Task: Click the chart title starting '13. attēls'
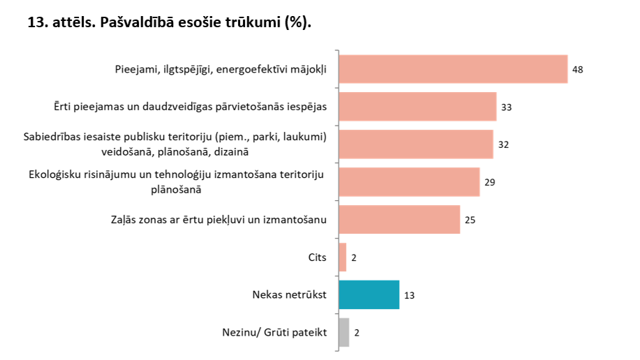(x=168, y=22)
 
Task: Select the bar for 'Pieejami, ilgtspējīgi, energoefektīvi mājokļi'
(x=452, y=69)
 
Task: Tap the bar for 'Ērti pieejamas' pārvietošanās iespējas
(x=417, y=107)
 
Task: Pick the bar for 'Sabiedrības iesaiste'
(x=415, y=144)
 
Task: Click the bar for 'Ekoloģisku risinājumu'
(x=409, y=182)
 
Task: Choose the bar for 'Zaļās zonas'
(x=399, y=220)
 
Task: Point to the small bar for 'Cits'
(x=343, y=257)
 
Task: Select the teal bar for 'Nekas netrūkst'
(x=369, y=294)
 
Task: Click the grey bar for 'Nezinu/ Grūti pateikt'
(x=343, y=332)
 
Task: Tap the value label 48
(x=577, y=70)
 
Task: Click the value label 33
(x=507, y=107)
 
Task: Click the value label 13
(x=410, y=295)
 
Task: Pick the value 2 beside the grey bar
(x=357, y=333)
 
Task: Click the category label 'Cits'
(x=317, y=257)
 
